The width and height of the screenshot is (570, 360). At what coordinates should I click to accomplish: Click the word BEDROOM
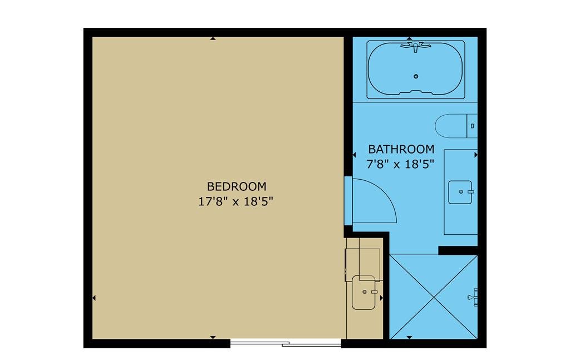click(x=237, y=186)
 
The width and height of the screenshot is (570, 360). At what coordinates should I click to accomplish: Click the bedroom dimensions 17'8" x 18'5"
click(x=235, y=201)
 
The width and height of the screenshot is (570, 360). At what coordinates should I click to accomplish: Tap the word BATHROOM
click(x=401, y=149)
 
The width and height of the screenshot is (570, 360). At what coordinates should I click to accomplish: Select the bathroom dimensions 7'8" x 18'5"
click(x=400, y=164)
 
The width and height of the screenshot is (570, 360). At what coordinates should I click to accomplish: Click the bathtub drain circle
click(x=416, y=76)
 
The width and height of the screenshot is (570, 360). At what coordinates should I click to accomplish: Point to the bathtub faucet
click(x=415, y=47)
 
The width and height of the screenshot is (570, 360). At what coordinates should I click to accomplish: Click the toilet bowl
click(x=451, y=126)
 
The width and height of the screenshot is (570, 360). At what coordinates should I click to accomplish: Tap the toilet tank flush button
click(x=472, y=126)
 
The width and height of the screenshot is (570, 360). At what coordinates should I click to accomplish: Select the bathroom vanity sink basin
click(x=460, y=192)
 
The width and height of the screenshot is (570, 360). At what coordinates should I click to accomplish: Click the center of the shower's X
click(x=434, y=297)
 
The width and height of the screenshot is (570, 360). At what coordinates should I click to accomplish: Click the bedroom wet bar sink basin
click(x=363, y=293)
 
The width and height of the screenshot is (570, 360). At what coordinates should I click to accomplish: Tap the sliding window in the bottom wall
click(x=286, y=343)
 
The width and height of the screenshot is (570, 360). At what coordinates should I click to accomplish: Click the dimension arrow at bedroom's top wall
click(x=213, y=38)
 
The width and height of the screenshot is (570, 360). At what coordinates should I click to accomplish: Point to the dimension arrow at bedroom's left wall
click(x=94, y=298)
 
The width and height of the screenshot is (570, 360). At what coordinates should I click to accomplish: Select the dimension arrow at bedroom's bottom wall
click(x=213, y=338)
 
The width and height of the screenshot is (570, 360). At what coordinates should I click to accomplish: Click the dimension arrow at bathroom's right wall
click(x=476, y=155)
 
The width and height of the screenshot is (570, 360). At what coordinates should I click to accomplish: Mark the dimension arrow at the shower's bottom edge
click(x=409, y=338)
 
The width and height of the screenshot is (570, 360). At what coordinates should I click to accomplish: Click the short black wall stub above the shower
click(x=458, y=250)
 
